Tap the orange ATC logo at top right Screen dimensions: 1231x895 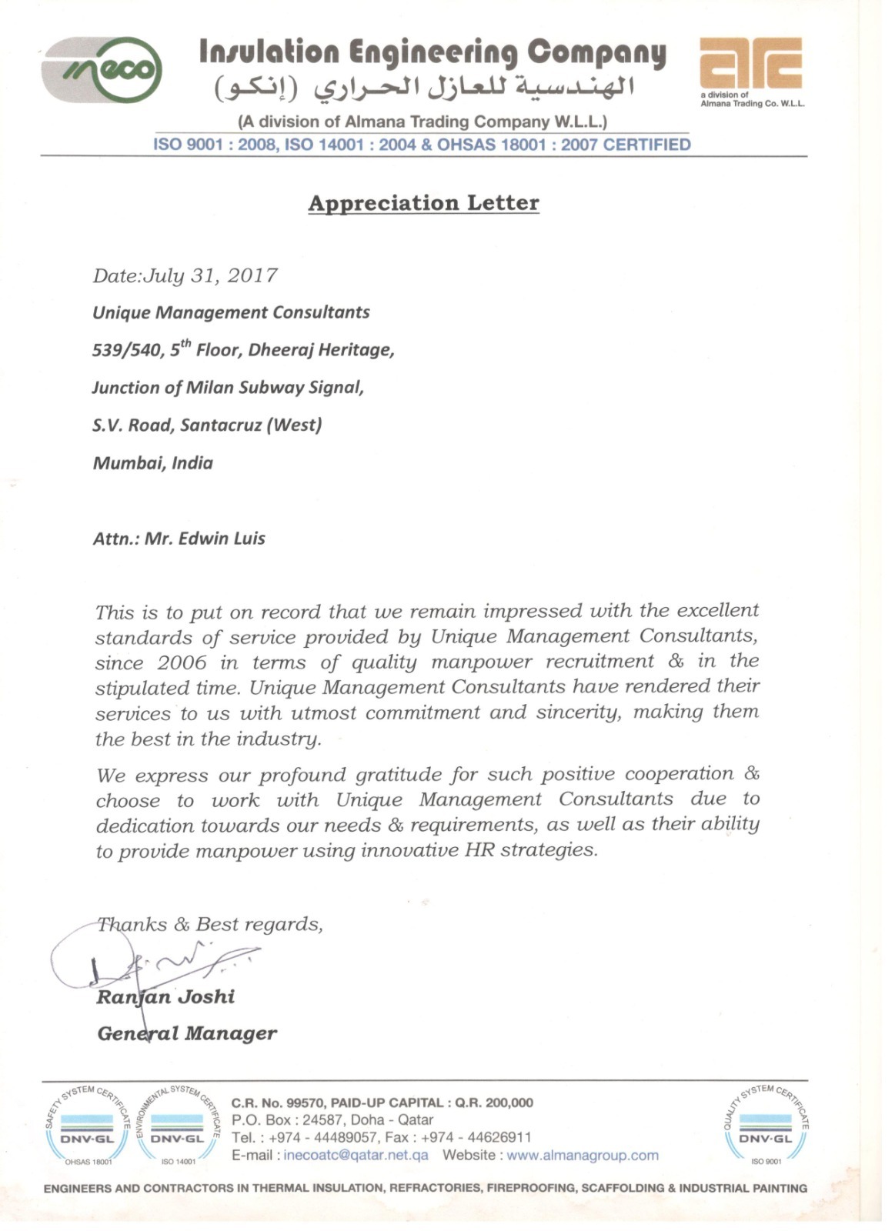(750, 65)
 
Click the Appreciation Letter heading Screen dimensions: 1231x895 (423, 203)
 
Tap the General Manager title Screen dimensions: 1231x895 (187, 1033)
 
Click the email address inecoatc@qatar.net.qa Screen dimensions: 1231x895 (356, 1155)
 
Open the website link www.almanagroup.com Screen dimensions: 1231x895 (583, 1155)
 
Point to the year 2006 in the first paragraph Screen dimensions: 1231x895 (182, 662)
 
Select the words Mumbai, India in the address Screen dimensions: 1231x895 (152, 463)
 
